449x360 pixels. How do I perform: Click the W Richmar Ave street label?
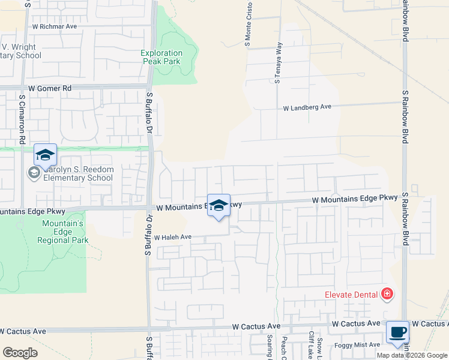[x=55, y=26]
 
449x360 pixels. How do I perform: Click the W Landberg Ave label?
[x=307, y=107]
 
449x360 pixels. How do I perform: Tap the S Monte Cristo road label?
[x=247, y=24]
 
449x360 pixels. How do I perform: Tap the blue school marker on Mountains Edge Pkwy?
[x=219, y=206]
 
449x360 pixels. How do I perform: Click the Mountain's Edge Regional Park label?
[x=62, y=232]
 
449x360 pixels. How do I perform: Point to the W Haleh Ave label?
[x=172, y=238]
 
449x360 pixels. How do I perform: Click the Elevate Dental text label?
[x=351, y=294]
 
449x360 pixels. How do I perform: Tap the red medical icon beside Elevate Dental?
[x=387, y=293]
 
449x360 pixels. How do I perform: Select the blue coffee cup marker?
[x=397, y=332]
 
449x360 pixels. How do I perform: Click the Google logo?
[x=20, y=353]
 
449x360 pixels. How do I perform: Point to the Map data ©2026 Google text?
[x=412, y=355]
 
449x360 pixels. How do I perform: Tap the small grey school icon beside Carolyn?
[x=34, y=173]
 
